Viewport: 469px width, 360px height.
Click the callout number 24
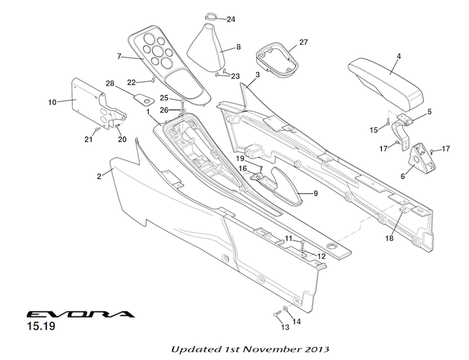(231, 19)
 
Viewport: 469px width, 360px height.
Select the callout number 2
(100, 175)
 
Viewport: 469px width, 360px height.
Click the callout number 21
(89, 139)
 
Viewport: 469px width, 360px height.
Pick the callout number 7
(119, 57)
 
